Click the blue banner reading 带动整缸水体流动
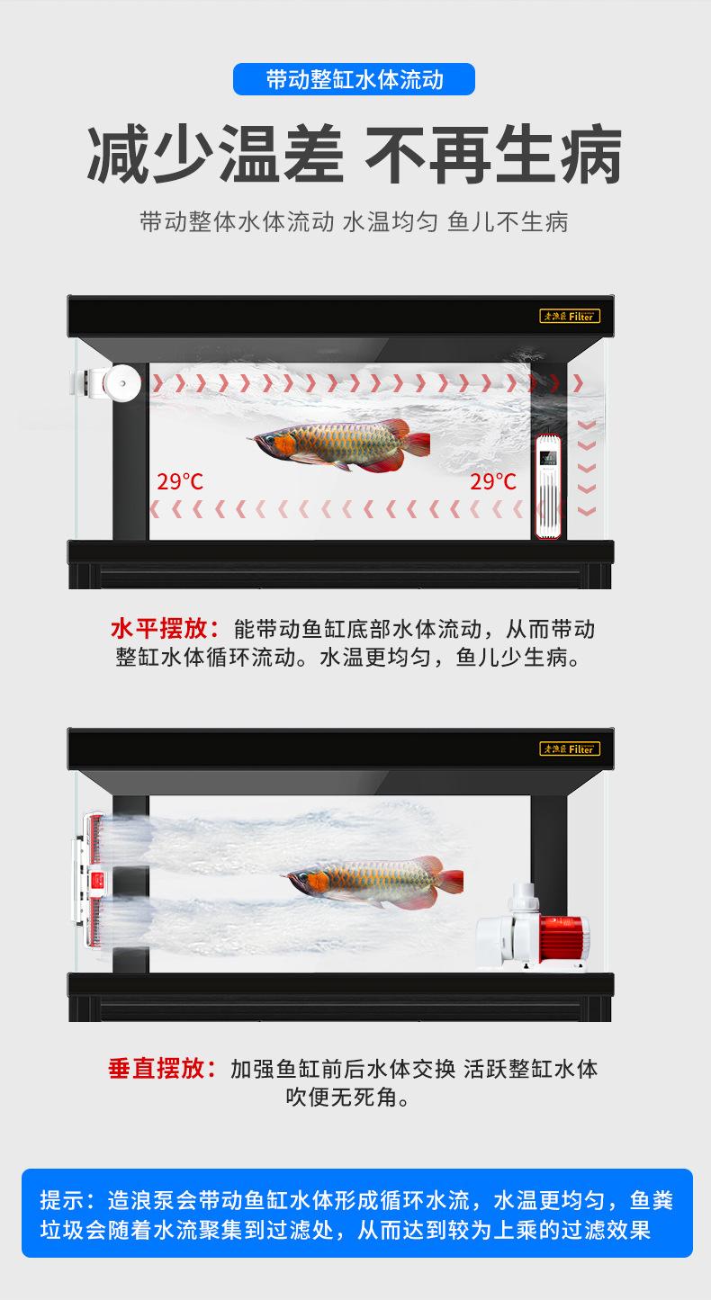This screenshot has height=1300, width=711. tap(354, 79)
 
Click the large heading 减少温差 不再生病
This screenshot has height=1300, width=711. tap(354, 155)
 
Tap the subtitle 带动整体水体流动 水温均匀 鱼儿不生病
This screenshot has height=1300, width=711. tap(354, 222)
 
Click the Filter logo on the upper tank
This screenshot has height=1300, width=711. tap(569, 316)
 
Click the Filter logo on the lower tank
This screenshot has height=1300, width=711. tap(569, 749)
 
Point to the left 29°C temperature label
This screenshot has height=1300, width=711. tap(180, 481)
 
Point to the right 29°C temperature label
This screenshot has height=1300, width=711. tap(493, 481)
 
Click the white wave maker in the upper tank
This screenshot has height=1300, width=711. tap(107, 385)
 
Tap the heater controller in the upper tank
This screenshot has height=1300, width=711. tap(549, 487)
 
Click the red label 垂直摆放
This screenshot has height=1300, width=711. tap(163, 1069)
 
